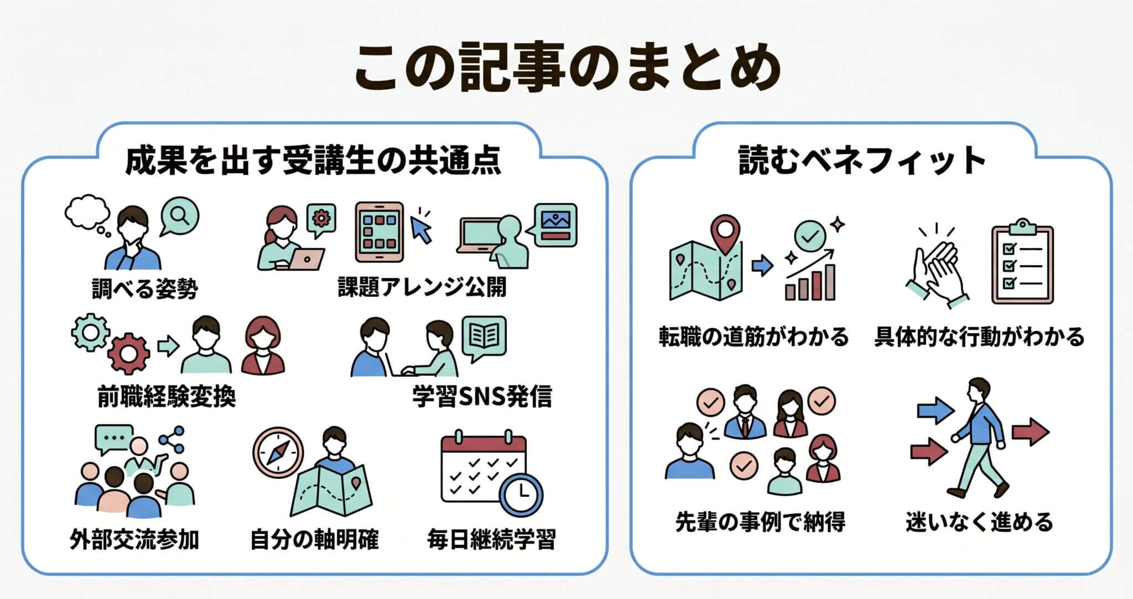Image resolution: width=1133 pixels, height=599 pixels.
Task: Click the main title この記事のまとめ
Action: pos(566,68)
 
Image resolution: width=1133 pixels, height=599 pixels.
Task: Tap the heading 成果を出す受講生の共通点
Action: pos(313,161)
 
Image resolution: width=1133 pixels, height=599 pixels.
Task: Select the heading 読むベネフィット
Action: pos(862,161)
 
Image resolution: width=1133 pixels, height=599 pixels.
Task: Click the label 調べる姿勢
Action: pos(144,288)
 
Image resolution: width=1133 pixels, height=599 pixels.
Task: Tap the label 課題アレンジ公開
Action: pos(422,287)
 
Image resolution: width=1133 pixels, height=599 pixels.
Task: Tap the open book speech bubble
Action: pos(484,336)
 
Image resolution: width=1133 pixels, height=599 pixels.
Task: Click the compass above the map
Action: pos(278,453)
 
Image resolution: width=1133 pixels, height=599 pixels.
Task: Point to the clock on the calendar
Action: pos(521,494)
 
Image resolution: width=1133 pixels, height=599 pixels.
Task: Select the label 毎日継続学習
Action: pos(491,539)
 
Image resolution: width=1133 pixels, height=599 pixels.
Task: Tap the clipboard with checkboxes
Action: pos(1022,265)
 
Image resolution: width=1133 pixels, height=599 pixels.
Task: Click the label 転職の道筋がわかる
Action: pos(753,337)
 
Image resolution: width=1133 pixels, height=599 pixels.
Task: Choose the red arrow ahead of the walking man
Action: pos(1030,432)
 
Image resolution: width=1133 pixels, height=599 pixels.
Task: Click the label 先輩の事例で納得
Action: pos(760,521)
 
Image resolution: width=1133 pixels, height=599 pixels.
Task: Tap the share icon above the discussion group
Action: pos(172,439)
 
